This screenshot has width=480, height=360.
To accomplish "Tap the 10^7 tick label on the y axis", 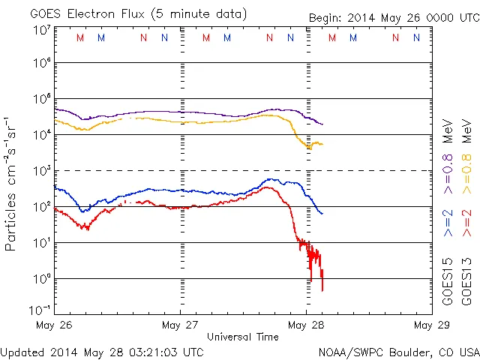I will tap(41, 31).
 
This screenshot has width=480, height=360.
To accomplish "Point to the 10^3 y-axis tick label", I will tap(41, 171).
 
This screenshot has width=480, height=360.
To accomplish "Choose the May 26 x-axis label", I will tap(54, 325).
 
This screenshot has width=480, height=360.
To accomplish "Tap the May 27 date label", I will tap(180, 325).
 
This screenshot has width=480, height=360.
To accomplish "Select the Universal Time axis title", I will tap(243, 337).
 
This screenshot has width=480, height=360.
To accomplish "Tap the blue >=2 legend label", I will tap(448, 223).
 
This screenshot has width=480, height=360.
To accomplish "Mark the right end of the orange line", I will tap(322, 144).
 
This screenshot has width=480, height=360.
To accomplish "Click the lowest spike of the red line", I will tap(322, 290).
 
